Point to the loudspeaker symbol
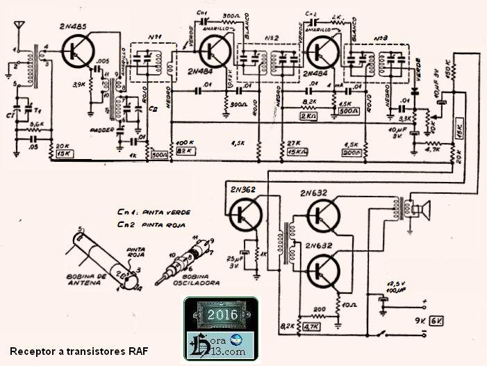(x=421, y=206)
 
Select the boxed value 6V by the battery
(x=436, y=322)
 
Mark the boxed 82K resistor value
(x=183, y=151)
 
